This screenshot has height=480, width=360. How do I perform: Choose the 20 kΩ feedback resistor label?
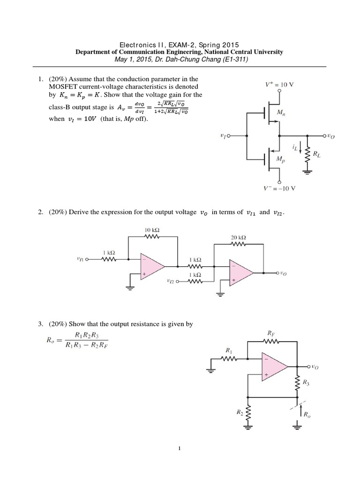tap(238, 237)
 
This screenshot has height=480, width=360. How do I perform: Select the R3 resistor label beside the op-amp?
tap(306, 382)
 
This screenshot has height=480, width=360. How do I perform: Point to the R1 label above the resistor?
tap(228, 350)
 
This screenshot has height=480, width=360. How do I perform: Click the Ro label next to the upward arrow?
tap(307, 414)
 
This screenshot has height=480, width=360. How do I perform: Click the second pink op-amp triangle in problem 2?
tap(240, 272)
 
